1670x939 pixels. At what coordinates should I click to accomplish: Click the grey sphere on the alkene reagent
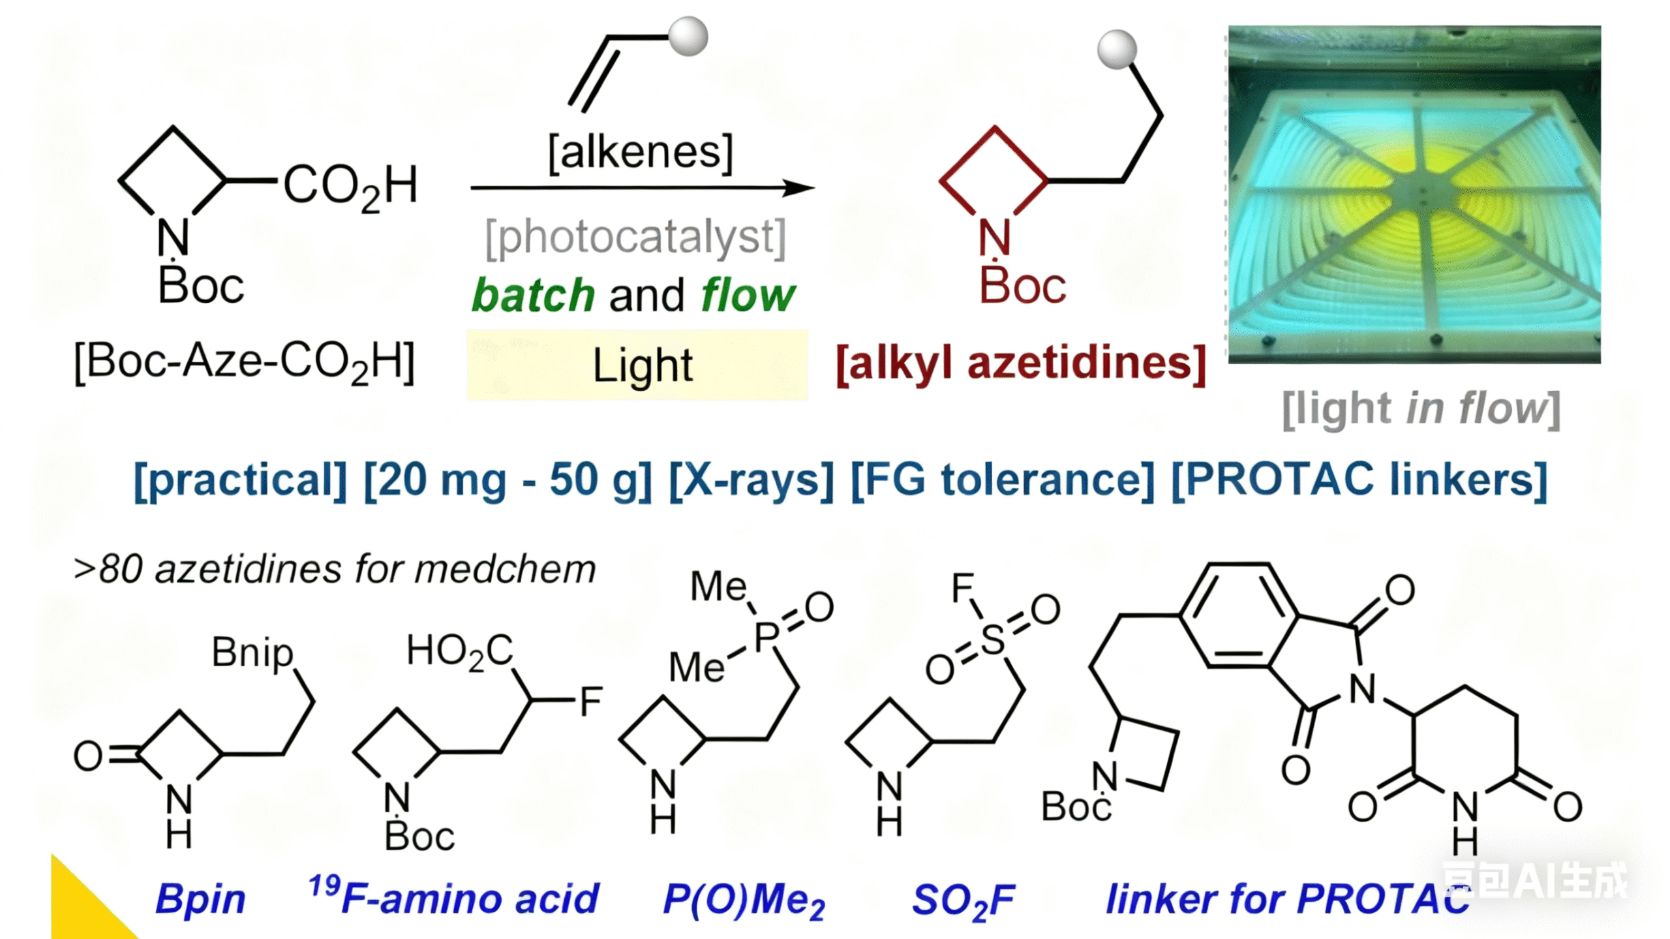688,37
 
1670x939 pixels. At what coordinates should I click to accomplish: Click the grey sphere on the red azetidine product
1117,49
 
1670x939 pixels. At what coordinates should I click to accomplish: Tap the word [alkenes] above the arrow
641,153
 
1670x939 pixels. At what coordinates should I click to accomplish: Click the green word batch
533,296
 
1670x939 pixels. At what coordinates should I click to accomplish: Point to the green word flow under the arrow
748,296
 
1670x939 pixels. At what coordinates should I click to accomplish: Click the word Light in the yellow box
642,365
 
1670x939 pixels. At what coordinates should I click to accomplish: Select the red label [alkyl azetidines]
1021,363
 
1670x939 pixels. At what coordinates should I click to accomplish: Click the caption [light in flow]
1421,409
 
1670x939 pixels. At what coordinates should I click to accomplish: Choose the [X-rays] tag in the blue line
751,480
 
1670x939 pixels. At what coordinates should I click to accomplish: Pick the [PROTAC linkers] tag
1359,480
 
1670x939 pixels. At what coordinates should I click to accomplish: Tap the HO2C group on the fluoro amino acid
459,651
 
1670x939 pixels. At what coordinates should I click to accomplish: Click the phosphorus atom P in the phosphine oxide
767,636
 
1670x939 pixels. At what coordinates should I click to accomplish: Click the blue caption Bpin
200,899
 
